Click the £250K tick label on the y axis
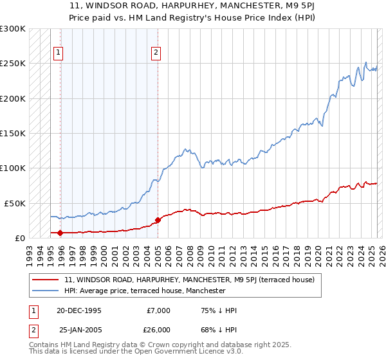point(13,64)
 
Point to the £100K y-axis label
point(13,168)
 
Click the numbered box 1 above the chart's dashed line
point(59,53)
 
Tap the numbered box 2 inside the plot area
point(156,53)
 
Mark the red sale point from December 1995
point(60,233)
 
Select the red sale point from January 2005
point(158,220)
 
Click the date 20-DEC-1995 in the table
point(79,310)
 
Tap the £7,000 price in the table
point(158,310)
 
